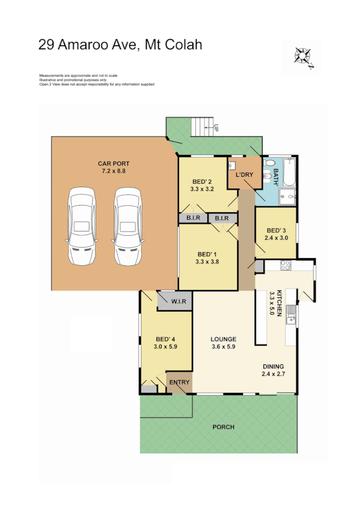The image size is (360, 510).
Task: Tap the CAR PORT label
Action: (114, 164)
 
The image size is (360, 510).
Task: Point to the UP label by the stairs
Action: (215, 127)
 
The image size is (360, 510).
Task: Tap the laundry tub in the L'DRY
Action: (234, 166)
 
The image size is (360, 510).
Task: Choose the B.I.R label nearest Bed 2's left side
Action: (192, 218)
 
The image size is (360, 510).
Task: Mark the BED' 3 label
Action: (276, 230)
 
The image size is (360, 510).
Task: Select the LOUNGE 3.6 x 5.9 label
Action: (223, 342)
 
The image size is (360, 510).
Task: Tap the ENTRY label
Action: (180, 382)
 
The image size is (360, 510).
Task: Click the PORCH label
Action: (223, 427)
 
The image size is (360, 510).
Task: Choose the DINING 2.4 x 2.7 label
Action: (273, 370)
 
